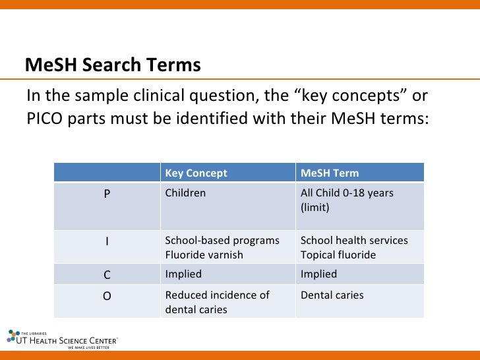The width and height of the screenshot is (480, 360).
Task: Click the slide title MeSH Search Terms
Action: point(113,65)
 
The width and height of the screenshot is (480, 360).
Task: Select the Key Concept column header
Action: point(196,173)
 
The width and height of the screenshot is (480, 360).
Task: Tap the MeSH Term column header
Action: point(330,173)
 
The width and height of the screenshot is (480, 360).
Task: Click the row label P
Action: point(107,194)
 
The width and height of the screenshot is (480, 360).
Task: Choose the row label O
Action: point(107,296)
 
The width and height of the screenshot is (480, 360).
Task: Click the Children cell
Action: point(185,193)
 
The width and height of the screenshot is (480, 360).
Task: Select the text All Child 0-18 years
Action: point(347,193)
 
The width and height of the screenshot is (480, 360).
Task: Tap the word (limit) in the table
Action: point(315,207)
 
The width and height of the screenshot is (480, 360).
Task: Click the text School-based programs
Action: point(222,241)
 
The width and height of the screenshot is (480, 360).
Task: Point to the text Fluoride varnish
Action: point(204,255)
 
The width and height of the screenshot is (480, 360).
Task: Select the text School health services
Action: point(354,241)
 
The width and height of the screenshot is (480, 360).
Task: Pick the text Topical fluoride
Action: point(338,255)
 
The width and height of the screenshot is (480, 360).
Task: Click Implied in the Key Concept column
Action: point(183,274)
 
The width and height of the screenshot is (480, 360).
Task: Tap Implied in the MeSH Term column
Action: point(318,274)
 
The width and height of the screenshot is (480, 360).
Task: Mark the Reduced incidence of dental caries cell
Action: point(217,302)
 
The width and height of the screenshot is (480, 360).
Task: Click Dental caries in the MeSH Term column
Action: point(332,295)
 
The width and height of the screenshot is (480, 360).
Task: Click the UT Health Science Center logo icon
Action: point(14,336)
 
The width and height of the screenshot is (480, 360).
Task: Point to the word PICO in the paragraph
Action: point(44,120)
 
